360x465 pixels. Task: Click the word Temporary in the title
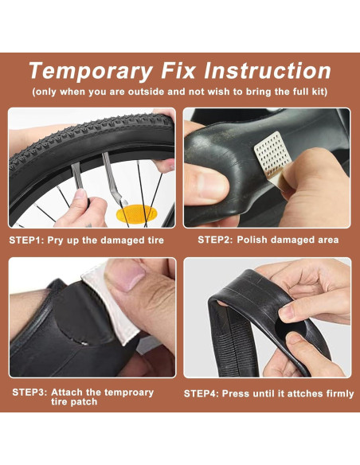91,71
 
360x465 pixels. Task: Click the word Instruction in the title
267,70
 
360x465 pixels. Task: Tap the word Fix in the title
178,70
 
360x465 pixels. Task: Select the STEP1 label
26,240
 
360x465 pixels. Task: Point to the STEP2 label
215,240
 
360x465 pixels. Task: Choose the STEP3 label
29,393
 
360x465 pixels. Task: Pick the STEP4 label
201,393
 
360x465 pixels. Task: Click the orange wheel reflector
135,213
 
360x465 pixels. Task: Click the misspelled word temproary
129,393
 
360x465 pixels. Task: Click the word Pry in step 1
56,240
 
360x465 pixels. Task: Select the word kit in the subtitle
319,92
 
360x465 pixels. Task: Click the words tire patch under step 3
74,402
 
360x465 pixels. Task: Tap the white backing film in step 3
117,311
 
